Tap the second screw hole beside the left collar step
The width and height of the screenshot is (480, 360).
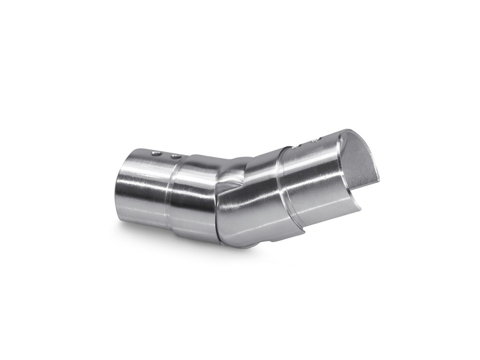click(176, 156)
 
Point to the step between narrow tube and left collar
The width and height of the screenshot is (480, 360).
click(175, 192)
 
